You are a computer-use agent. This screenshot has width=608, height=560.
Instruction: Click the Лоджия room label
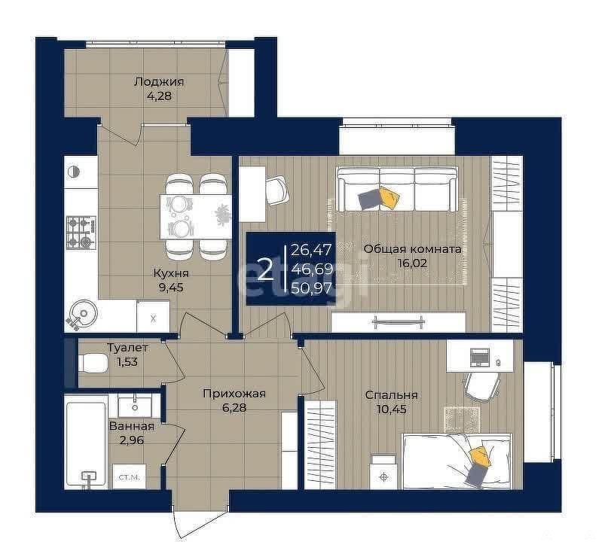point(158,82)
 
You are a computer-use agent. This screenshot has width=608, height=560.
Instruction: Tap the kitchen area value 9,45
point(170,288)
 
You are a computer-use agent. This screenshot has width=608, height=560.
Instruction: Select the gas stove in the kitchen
point(81,232)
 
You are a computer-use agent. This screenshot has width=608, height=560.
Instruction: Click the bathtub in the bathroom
point(86,444)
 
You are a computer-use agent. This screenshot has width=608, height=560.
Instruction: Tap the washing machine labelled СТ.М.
point(129,476)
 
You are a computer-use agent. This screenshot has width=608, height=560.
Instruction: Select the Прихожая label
point(234,394)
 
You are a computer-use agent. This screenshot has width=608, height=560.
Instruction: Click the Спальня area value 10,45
point(391,409)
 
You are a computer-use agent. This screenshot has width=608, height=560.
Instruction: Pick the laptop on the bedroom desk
point(480,357)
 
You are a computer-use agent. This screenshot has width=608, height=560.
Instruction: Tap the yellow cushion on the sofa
point(389,196)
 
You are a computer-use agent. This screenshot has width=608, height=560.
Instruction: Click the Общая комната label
point(412,249)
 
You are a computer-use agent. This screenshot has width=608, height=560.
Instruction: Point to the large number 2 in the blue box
point(265,269)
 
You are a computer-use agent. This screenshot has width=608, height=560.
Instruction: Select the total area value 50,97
point(312,288)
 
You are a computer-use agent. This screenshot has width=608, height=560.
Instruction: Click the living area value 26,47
point(312,250)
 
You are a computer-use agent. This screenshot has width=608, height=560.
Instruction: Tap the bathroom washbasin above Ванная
point(135,406)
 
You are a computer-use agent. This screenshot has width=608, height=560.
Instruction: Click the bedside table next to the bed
point(383,472)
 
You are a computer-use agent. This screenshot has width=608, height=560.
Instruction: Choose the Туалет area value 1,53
point(127,362)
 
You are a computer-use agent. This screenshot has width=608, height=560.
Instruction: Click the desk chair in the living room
point(277,190)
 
